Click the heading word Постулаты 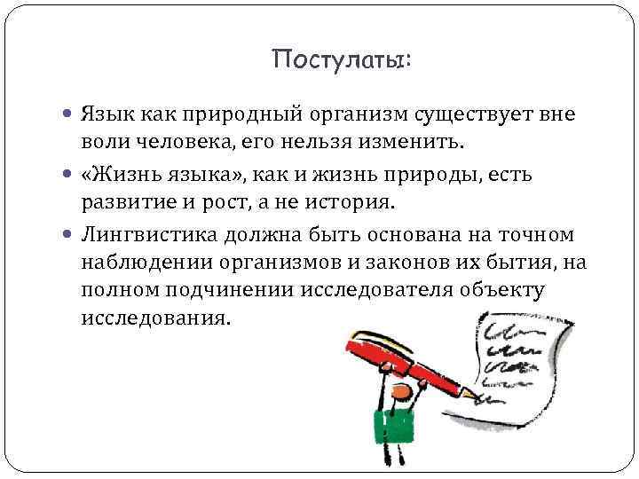coord(342,59)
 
